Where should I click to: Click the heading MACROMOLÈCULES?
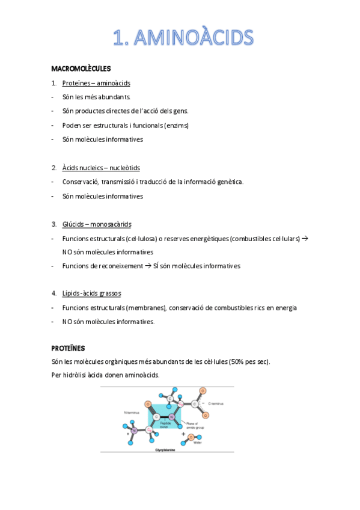[81, 69]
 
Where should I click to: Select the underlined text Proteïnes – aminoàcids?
[96, 83]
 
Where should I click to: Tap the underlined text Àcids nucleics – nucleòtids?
[101, 168]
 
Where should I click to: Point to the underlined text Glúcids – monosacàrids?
[97, 224]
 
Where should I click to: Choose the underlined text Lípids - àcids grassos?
[91, 293]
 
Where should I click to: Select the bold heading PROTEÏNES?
[68, 348]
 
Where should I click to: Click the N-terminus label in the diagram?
[132, 412]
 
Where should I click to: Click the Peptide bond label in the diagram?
[166, 425]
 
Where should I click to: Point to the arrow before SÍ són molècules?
[148, 265]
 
